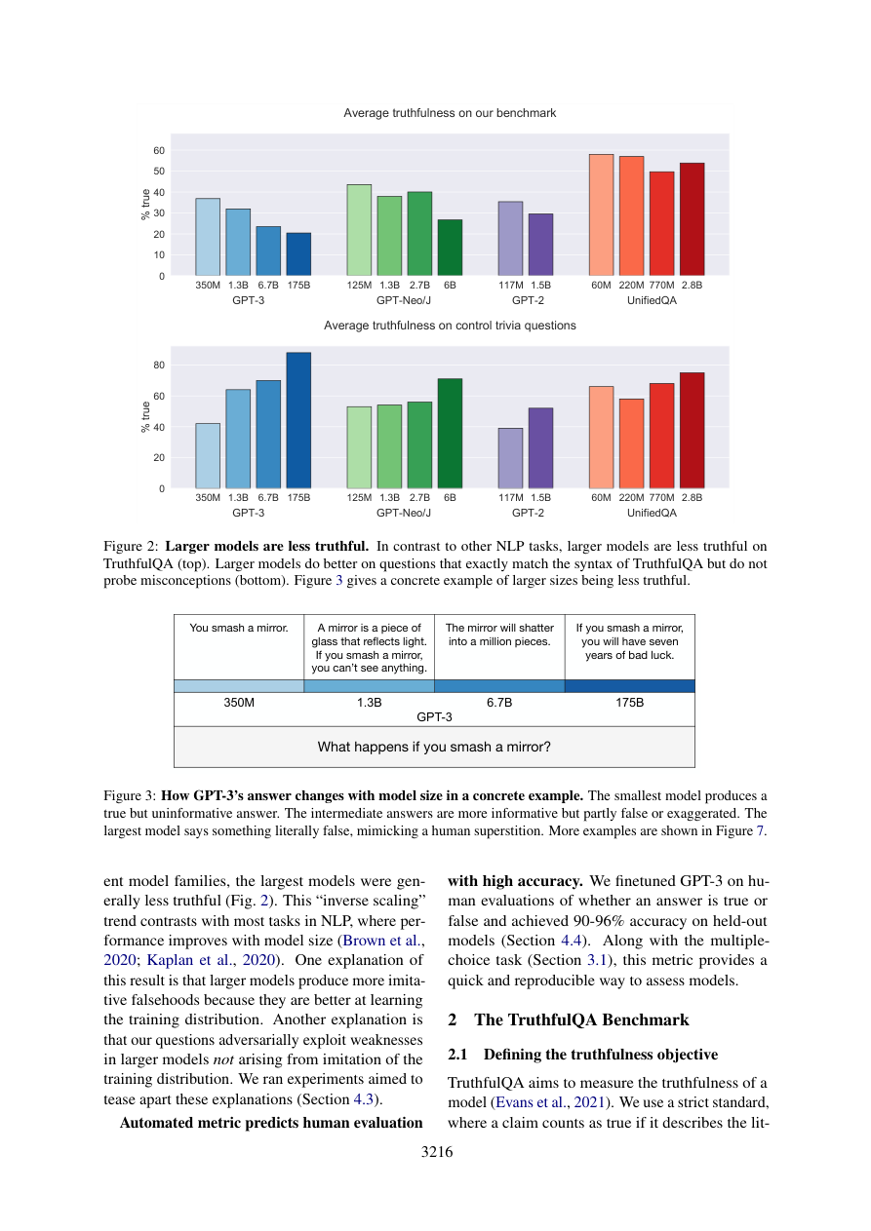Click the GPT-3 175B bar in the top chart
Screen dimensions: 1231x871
click(298, 253)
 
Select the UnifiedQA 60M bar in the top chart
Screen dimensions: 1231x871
click(602, 214)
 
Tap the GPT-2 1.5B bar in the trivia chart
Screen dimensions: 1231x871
click(540, 448)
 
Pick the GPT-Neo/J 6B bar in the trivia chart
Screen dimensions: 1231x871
click(450, 434)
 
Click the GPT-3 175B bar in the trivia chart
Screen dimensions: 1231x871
click(298, 420)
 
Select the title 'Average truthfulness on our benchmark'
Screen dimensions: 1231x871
click(450, 113)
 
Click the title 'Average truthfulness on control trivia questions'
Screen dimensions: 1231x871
click(450, 326)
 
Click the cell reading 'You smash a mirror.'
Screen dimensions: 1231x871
click(239, 629)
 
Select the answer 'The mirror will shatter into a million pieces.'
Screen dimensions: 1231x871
click(499, 635)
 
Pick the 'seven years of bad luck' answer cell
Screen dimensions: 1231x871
click(629, 641)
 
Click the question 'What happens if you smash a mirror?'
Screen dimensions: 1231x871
click(434, 748)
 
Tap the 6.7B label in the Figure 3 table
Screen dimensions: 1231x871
click(499, 702)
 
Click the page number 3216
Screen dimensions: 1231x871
click(436, 1152)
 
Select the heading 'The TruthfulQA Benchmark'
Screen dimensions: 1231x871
click(581, 1020)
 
